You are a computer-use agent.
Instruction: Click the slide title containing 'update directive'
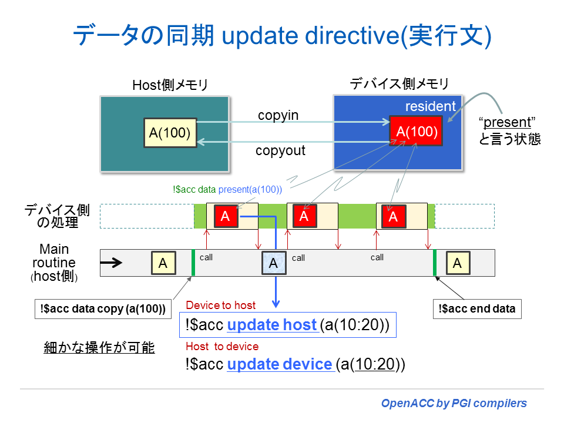(x=281, y=36)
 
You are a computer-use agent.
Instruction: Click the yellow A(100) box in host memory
(x=170, y=133)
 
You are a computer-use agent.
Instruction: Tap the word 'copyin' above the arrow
(x=278, y=116)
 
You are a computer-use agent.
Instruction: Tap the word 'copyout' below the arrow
(x=280, y=151)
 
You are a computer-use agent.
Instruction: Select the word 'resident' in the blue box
(x=431, y=106)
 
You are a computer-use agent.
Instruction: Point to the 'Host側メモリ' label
(x=170, y=86)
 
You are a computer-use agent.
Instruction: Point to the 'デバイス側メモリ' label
(x=399, y=84)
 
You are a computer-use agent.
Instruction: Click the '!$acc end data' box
(x=476, y=308)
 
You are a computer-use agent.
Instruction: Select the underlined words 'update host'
(x=272, y=325)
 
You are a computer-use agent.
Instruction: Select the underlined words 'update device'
(x=280, y=364)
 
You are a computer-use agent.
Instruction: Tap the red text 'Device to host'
(x=220, y=305)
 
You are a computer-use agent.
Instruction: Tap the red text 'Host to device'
(x=222, y=346)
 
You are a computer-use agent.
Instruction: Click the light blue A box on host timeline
(x=273, y=263)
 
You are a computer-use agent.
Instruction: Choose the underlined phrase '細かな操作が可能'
(x=99, y=348)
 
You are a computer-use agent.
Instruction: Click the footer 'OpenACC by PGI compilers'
(x=454, y=403)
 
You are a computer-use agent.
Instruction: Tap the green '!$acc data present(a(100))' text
(x=227, y=190)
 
